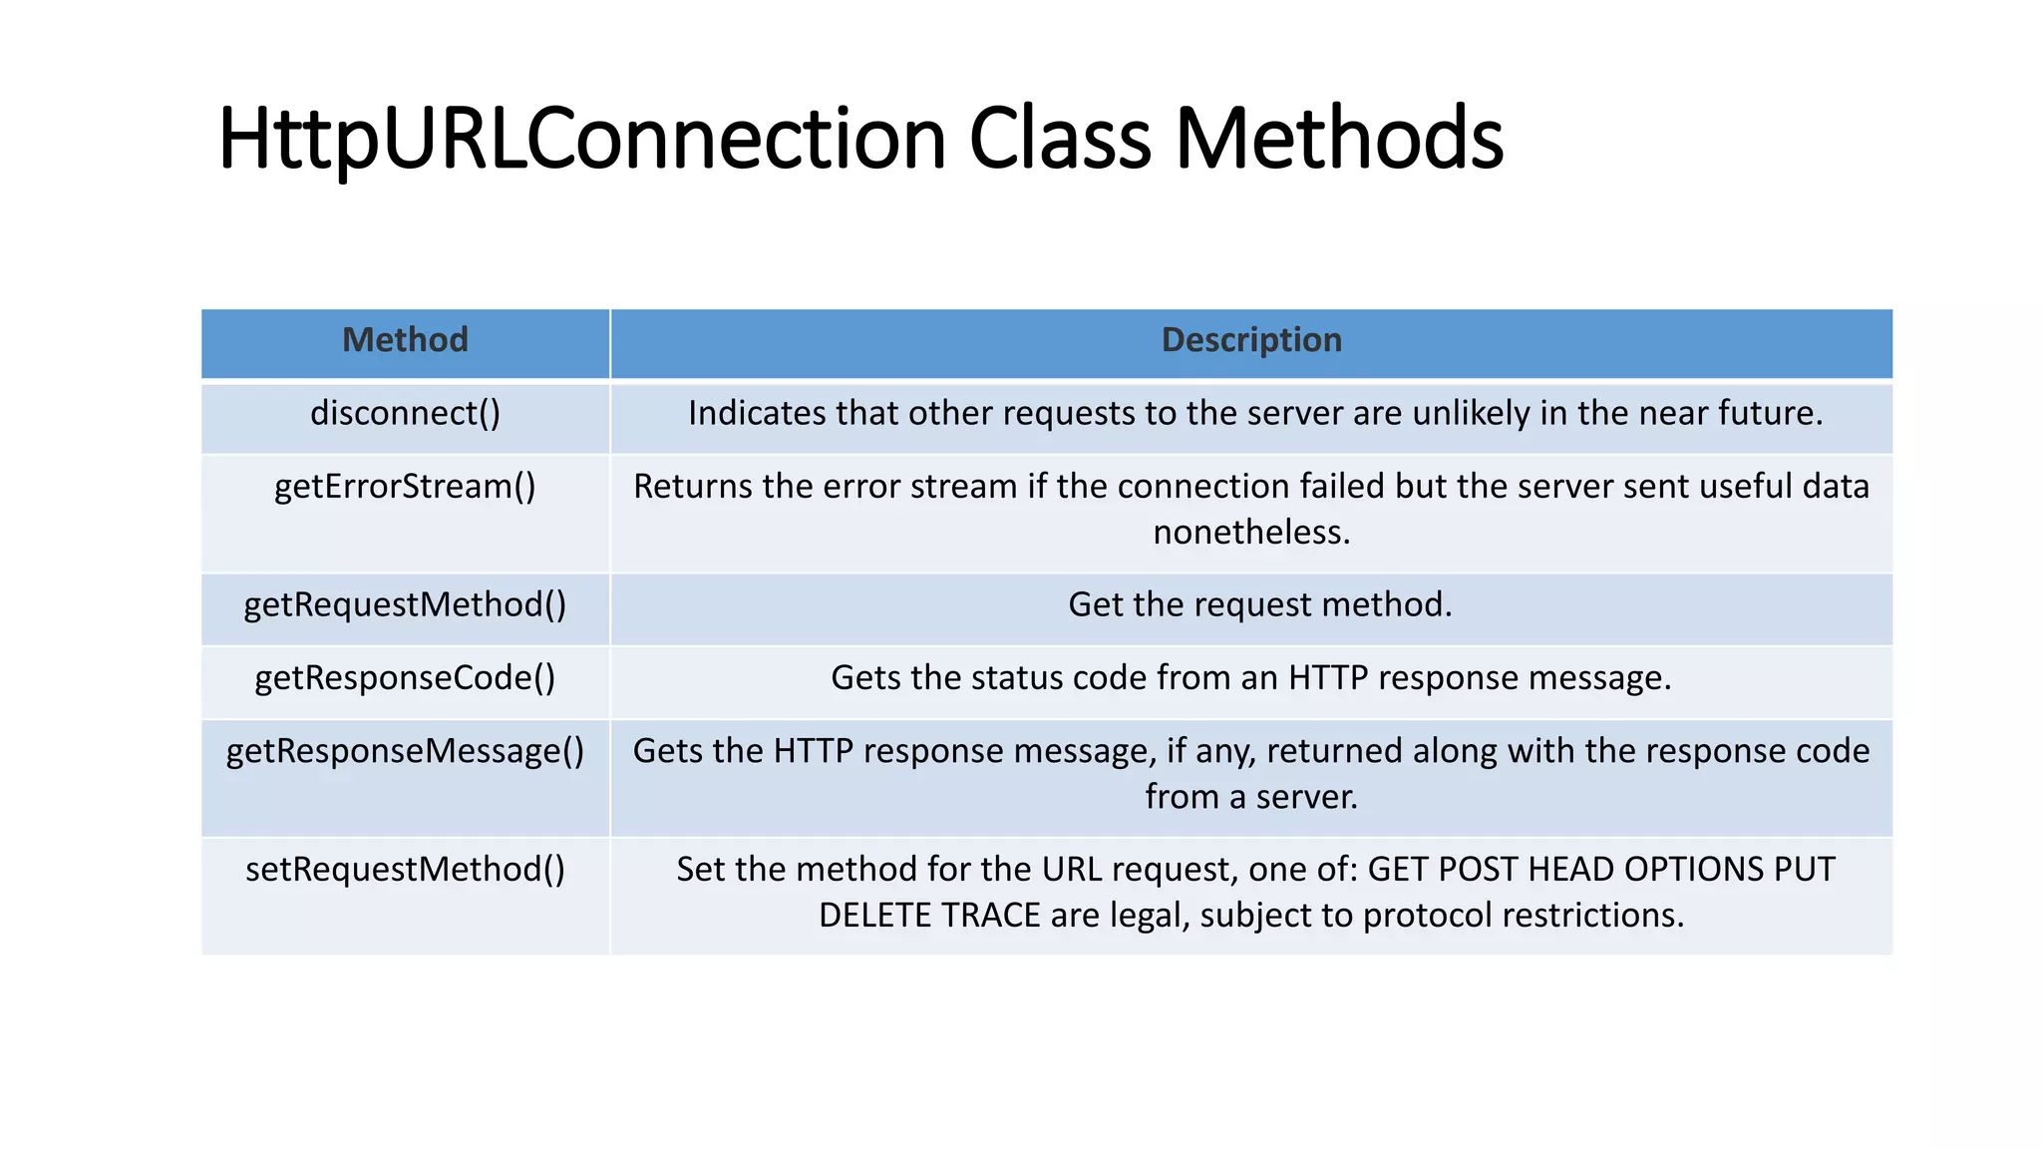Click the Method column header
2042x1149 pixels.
point(405,340)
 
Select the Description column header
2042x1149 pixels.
point(1251,340)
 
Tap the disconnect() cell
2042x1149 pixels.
point(405,413)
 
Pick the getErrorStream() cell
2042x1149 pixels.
point(405,487)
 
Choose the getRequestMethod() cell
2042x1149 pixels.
point(405,604)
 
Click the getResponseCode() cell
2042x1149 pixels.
point(405,678)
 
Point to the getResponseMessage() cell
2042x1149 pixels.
point(405,751)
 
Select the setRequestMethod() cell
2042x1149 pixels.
point(405,870)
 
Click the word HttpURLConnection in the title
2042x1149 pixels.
point(580,140)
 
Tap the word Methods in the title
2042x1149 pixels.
point(1338,140)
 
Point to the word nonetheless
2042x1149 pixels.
point(1251,533)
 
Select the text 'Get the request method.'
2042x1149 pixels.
point(1259,604)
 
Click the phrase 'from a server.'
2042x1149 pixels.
point(1251,797)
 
